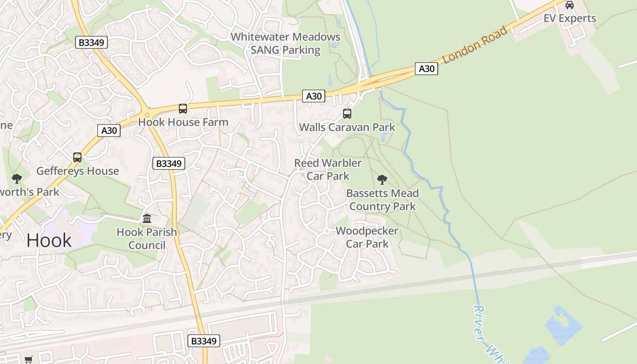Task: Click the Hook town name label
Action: point(49,240)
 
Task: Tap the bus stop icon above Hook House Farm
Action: point(183,109)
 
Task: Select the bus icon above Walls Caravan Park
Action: point(347,114)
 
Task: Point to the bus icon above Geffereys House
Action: point(77,157)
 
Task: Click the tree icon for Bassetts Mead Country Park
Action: point(382,180)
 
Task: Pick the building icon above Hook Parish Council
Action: point(147,219)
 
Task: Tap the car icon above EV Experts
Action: point(569,5)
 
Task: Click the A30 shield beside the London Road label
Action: point(426,69)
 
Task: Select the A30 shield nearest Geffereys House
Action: point(109,131)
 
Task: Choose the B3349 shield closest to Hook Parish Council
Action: point(168,164)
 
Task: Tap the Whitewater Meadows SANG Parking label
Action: point(286,43)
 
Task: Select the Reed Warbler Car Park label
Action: point(328,169)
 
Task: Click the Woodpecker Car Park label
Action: point(367,237)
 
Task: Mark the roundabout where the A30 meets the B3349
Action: point(147,114)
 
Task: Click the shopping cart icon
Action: point(28,359)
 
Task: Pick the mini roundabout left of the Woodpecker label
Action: point(326,231)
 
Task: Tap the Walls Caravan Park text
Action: point(347,127)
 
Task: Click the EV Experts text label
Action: point(570,18)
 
